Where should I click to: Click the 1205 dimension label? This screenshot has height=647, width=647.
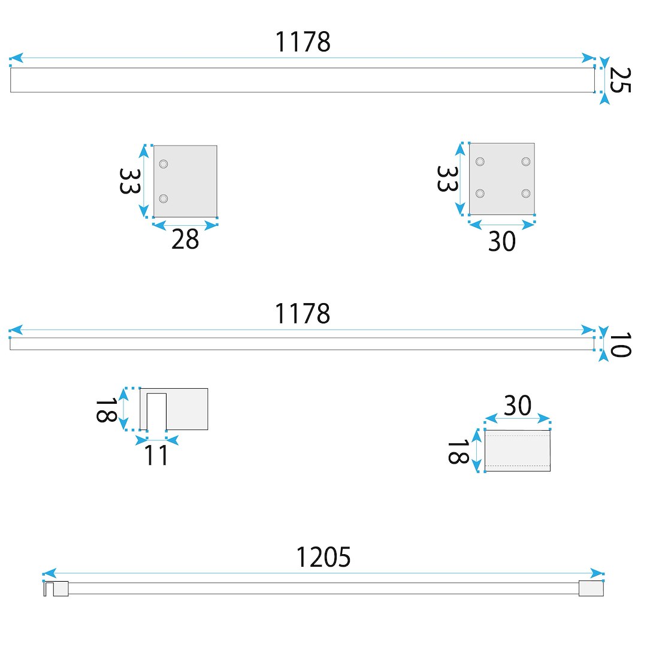click(x=323, y=557)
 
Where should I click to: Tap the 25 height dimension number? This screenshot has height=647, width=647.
click(x=620, y=80)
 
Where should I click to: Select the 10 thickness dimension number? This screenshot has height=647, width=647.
click(x=620, y=344)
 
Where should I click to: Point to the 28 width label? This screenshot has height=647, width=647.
click(x=185, y=239)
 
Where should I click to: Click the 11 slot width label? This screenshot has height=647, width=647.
click(x=156, y=455)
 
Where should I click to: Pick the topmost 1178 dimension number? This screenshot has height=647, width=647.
click(x=303, y=42)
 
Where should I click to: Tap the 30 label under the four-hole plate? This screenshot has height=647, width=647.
click(x=502, y=241)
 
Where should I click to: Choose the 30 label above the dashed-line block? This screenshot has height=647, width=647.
click(x=518, y=405)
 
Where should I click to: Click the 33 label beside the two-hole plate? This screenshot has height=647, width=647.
click(x=129, y=181)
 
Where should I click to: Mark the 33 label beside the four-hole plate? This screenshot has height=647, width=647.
click(x=448, y=179)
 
